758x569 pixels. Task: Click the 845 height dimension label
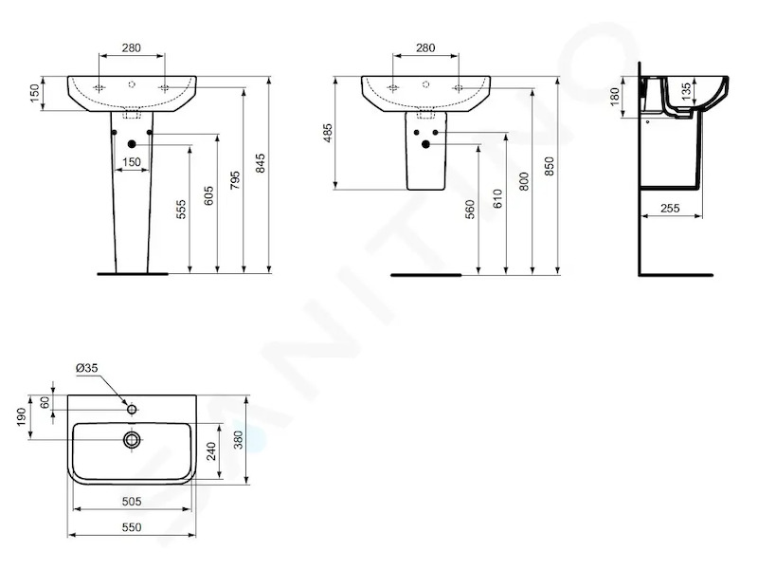coord(261,163)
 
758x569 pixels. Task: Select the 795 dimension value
coord(235,180)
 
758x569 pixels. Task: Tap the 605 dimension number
coord(208,195)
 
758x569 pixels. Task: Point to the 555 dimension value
coord(181,210)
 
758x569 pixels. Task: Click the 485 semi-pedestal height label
coord(328,133)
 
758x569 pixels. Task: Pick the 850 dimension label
coord(550,166)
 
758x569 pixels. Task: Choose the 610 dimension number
coord(498,199)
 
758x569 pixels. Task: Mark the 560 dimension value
coord(470,210)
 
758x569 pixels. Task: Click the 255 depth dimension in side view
coord(670,208)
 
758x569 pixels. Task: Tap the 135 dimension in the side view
coord(686,91)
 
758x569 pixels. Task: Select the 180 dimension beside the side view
coord(614,97)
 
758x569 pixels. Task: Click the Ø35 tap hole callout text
coord(87,368)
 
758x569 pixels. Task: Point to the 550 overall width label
coord(132,527)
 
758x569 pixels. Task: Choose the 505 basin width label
coord(132,502)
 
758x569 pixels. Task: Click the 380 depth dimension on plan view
coord(239,440)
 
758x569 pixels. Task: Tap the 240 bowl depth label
coord(211,451)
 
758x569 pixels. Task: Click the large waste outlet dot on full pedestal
coord(132,144)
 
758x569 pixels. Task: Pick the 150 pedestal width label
coord(132,162)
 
